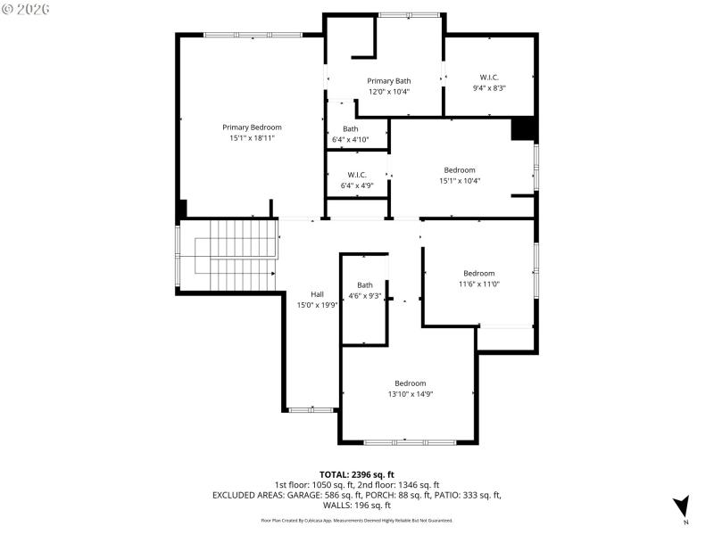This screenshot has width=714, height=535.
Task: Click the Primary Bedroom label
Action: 252,128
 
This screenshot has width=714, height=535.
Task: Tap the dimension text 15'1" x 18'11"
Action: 252,138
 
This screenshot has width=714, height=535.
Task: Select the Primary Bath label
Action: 389,81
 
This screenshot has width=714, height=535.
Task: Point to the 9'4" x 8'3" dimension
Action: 489,88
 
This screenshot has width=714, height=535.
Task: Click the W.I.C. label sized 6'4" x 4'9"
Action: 357,175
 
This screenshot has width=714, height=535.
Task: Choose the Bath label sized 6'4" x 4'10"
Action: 350,128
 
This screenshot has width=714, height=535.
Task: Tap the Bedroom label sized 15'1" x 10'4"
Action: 460,169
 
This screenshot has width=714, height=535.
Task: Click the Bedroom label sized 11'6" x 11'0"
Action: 478,273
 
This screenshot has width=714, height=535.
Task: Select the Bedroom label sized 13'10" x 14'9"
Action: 411,383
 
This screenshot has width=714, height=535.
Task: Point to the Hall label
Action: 317,294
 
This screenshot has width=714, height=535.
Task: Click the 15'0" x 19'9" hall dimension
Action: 317,305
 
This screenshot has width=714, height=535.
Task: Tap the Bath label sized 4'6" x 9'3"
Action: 365,285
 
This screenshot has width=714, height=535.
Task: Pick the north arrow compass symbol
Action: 681,506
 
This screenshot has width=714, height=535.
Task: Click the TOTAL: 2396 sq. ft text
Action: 357,474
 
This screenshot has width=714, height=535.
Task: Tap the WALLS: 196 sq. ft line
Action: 357,506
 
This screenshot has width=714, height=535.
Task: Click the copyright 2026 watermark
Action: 27,9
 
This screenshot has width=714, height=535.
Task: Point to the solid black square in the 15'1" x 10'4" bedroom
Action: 522,129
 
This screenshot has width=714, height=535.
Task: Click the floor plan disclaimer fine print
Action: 357,520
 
